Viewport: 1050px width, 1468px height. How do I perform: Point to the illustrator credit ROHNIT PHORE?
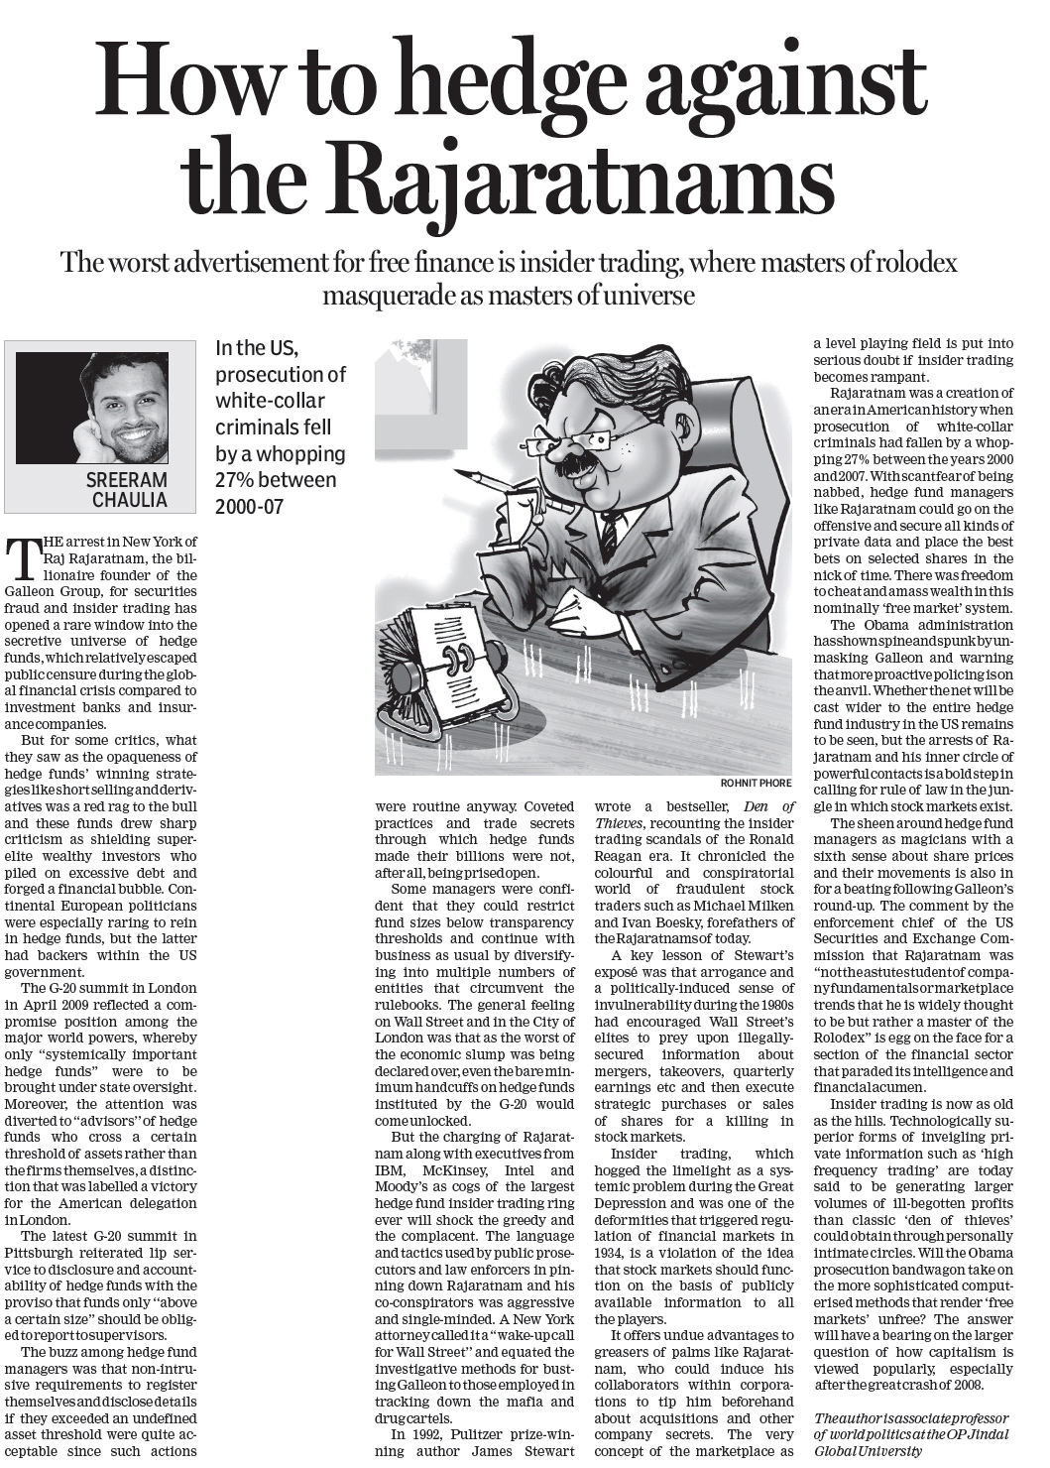click(756, 783)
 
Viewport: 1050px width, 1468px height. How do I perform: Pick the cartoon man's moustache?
click(580, 466)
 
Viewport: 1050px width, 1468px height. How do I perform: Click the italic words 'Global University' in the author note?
click(868, 1449)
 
